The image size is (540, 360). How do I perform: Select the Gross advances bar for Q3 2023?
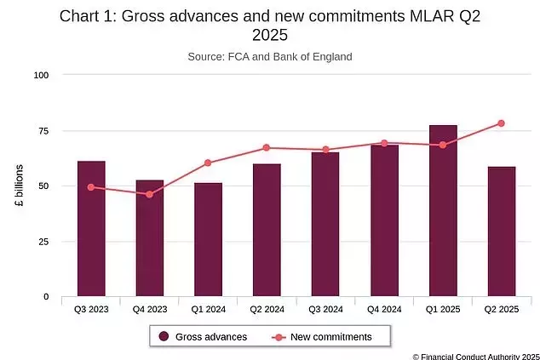click(91, 229)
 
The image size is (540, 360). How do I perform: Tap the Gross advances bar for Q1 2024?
click(208, 240)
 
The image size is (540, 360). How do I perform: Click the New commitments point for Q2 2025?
click(502, 123)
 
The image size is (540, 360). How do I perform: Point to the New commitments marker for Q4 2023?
click(150, 194)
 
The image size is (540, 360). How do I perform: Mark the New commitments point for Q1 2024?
click(208, 163)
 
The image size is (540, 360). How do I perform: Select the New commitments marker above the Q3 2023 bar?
click(91, 187)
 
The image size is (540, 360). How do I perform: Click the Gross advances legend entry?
click(203, 337)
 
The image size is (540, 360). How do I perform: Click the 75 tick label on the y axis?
click(43, 131)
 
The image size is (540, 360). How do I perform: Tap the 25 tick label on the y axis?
click(43, 242)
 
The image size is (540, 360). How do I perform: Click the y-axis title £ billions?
click(19, 186)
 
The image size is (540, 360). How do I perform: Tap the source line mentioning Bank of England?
click(270, 57)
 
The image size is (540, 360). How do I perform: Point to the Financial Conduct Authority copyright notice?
click(475, 356)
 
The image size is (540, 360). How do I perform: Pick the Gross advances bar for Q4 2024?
click(384, 221)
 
